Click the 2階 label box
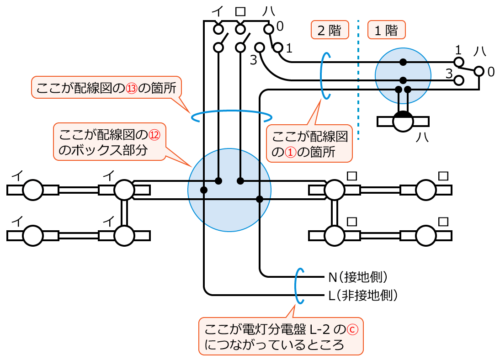tap(330, 31)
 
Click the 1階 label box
tap(386, 31)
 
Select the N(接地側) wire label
tap(358, 277)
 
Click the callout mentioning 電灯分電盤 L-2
tap(281, 336)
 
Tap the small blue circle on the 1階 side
tap(403, 75)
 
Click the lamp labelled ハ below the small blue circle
tap(403, 122)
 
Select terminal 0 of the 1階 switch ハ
tap(479, 71)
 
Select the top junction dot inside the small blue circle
tap(403, 62)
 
